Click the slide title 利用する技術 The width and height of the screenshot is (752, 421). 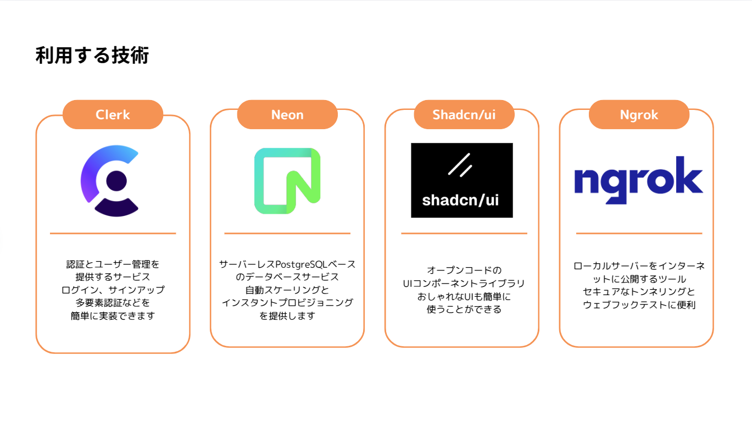click(92, 56)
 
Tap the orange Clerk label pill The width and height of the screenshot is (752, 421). click(113, 114)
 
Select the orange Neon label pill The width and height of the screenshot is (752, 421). click(287, 114)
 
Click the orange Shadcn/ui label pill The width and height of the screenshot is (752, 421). click(464, 114)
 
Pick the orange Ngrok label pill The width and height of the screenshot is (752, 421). click(639, 114)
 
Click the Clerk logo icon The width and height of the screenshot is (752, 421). click(110, 181)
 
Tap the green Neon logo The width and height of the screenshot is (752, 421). click(287, 181)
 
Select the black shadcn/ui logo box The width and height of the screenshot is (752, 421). click(461, 180)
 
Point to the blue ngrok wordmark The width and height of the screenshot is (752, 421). click(638, 180)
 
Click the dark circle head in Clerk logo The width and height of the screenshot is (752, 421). click(116, 180)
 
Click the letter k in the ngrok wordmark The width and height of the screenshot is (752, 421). click(691, 175)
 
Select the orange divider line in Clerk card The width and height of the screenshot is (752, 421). click(113, 234)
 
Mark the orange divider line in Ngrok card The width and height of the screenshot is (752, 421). click(639, 234)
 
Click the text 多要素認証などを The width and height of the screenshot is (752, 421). click(113, 302)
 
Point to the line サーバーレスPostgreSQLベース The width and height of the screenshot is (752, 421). click(287, 264)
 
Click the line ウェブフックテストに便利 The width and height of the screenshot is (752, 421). click(639, 305)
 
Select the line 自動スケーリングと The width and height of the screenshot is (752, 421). click(287, 290)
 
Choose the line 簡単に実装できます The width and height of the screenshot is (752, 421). click(113, 315)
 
